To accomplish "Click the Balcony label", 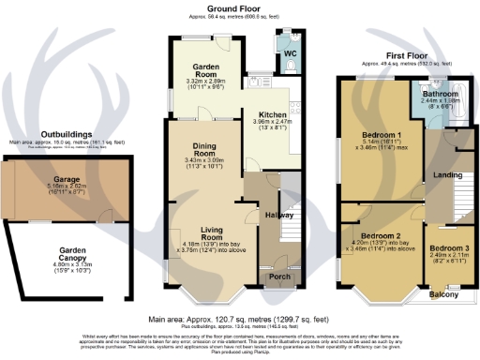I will (442, 294).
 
